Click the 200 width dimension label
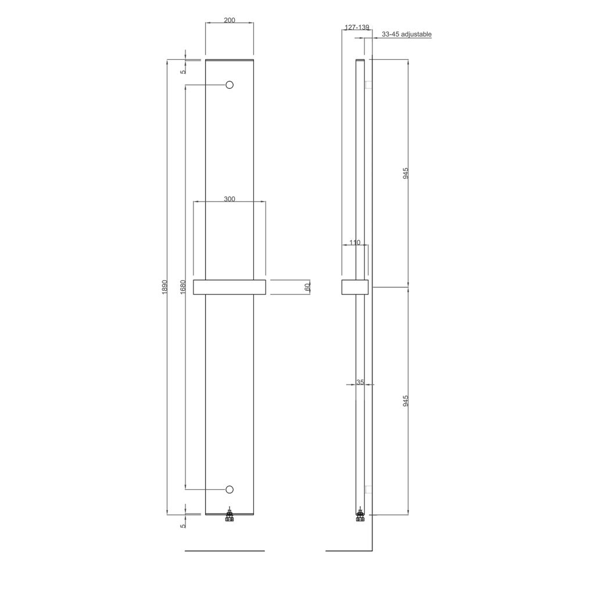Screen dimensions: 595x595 coord(229,20)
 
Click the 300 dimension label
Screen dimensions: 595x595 coord(229,199)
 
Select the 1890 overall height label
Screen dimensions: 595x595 coord(164,287)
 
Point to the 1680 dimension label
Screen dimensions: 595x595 coord(183,287)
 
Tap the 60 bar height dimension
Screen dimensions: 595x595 coord(307,287)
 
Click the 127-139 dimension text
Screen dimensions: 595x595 coord(357,27)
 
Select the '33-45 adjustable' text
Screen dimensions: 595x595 coord(406,34)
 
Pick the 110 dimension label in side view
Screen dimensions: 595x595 coord(354,242)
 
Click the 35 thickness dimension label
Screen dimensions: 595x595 coord(360,382)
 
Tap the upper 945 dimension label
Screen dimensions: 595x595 coord(406,173)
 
